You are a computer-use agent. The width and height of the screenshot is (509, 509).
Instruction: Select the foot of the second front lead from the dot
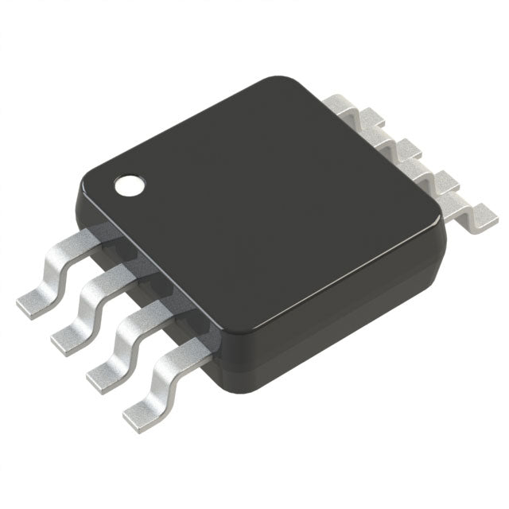pyautogui.click(x=67, y=339)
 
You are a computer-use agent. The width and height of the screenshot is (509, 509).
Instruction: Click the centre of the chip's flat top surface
pyautogui.click(x=262, y=199)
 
